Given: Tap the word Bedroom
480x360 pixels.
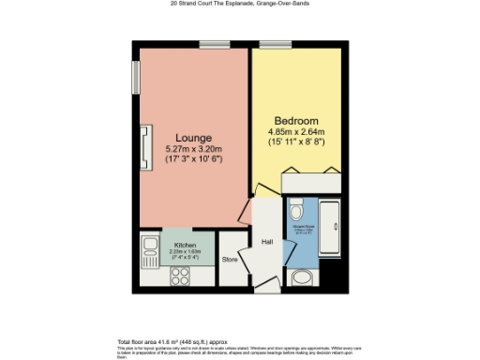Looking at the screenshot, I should click(295, 121).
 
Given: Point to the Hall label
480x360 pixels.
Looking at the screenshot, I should click(266, 242).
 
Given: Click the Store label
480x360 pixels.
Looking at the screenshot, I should click(230, 259).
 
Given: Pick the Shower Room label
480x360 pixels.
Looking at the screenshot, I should click(302, 226).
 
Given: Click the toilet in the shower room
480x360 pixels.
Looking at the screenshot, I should click(296, 207).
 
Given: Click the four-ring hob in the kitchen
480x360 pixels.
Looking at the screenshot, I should click(179, 277).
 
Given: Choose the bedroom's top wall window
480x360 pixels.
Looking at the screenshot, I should click(273, 43).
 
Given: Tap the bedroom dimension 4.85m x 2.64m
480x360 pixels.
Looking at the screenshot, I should click(295, 132).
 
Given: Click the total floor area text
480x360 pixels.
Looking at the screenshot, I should click(172, 341).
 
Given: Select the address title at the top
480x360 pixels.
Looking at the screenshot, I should click(240, 4).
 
